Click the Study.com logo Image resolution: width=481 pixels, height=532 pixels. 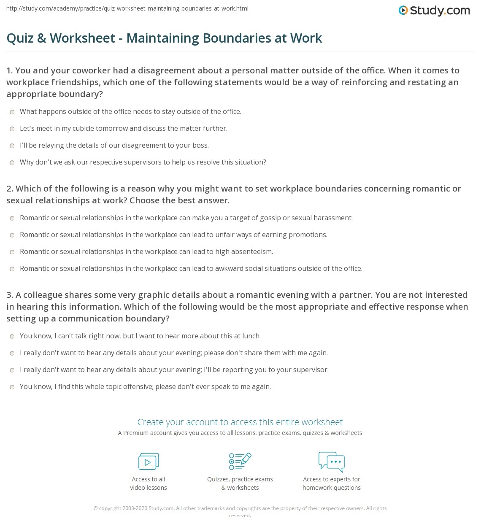click(x=434, y=11)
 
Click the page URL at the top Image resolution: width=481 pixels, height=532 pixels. click(x=127, y=8)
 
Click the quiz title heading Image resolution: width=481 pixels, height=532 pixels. click(x=164, y=38)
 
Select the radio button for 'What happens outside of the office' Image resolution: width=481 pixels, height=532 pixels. click(x=12, y=112)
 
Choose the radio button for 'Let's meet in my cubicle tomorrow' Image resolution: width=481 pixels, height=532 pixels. click(x=12, y=129)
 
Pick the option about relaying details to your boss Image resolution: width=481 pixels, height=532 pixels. click(x=12, y=146)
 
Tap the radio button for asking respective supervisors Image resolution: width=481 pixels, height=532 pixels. click(x=12, y=162)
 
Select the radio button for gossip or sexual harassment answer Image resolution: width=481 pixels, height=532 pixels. click(x=12, y=218)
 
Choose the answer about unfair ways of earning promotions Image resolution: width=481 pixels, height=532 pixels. click(x=12, y=235)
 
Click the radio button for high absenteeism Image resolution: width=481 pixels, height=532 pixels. click(x=12, y=252)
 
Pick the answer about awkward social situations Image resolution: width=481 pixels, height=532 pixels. click(x=12, y=269)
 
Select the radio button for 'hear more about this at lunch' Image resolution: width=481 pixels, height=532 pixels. click(x=12, y=336)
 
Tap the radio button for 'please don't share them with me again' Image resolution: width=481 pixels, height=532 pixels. click(x=12, y=353)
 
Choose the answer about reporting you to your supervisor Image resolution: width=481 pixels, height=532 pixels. click(x=12, y=370)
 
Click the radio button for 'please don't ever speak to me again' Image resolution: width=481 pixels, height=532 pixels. click(x=12, y=387)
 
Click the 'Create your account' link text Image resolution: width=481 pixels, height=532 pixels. click(x=240, y=422)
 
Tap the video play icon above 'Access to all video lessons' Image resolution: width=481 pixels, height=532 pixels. click(x=149, y=462)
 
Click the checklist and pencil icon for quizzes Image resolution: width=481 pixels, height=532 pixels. click(x=240, y=461)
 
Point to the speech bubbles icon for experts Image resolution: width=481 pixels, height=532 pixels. click(x=332, y=461)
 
